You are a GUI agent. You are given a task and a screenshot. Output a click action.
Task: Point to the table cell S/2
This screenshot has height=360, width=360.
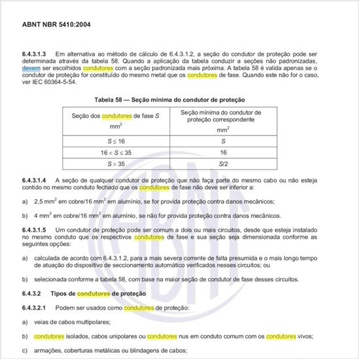tap(223, 164)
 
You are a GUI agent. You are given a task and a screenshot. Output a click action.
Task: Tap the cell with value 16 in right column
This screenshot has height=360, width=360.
tap(223, 152)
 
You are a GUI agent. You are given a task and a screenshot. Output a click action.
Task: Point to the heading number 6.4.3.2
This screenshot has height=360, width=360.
tap(31, 293)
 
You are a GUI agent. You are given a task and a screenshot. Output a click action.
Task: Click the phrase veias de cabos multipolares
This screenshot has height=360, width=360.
tap(69, 321)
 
